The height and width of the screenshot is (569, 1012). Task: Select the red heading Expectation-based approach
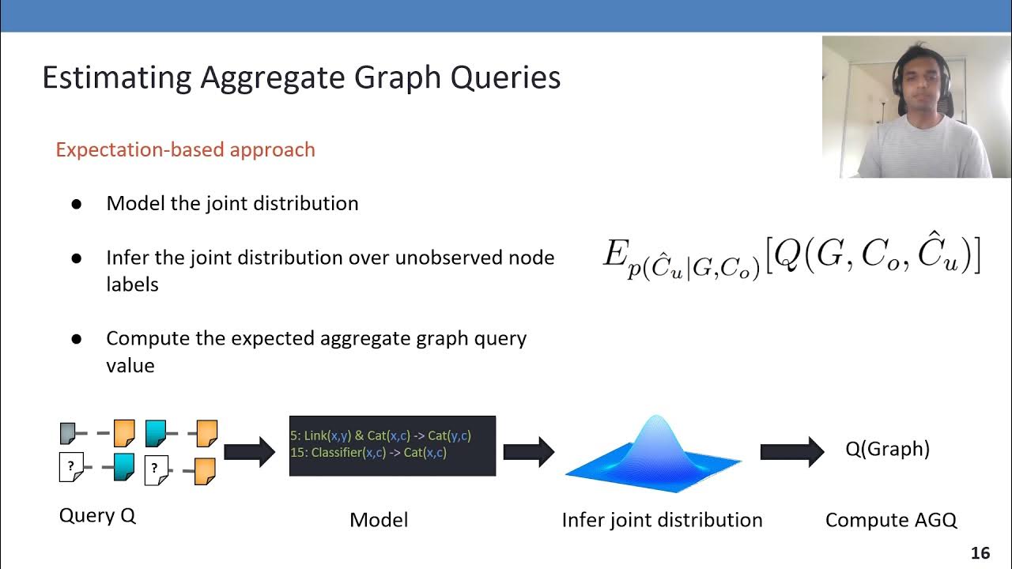coord(185,149)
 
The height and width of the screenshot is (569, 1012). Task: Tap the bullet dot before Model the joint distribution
coord(77,204)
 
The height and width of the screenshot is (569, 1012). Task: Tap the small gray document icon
coord(68,434)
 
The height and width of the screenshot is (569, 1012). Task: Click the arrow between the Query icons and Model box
coord(249,452)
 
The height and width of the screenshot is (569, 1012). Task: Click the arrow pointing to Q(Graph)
coord(791,451)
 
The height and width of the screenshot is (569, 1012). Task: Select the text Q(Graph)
coord(887,449)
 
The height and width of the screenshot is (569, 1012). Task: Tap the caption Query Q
coord(97,516)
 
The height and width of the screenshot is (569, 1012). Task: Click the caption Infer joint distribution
coord(662,520)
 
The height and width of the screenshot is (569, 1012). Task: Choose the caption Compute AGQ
coord(891,520)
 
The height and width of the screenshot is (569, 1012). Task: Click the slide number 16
coord(980,553)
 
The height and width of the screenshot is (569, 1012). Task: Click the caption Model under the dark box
coord(379,520)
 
